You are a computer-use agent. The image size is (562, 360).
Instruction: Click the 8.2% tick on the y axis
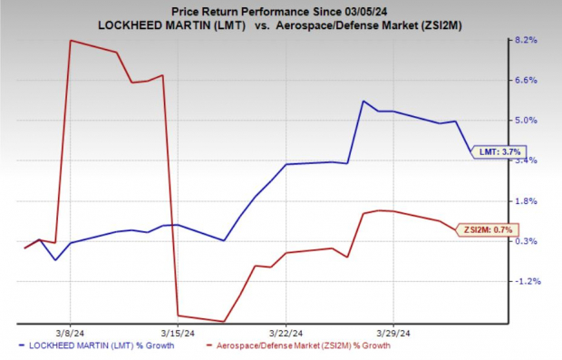[527, 41]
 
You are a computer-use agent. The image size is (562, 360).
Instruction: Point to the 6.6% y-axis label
[527, 81]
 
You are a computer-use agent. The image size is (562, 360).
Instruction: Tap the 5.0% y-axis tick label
[527, 121]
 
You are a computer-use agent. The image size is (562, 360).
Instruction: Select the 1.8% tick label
[527, 201]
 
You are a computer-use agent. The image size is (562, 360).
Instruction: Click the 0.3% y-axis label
[527, 241]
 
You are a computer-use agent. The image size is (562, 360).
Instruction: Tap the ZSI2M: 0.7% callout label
[489, 229]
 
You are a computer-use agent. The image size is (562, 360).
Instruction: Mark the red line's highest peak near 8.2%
[71, 41]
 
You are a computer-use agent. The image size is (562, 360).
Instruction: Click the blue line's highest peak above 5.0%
[363, 101]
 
